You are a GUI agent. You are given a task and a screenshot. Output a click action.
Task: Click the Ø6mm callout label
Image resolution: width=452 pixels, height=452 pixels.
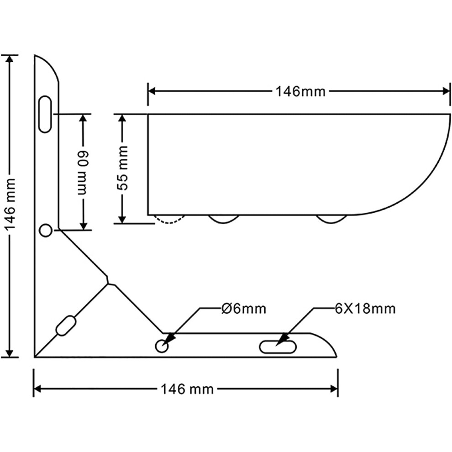pos(244,309)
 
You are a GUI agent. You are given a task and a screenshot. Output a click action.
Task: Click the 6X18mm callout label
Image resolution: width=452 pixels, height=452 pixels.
pos(365,309)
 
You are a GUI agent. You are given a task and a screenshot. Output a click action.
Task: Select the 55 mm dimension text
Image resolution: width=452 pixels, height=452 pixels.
pos(122,168)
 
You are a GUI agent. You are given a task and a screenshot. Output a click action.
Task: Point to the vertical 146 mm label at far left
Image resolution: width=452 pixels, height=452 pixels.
pos(11,205)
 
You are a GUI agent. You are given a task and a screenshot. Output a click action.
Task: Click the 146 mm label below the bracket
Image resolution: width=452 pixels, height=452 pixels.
pos(187,389)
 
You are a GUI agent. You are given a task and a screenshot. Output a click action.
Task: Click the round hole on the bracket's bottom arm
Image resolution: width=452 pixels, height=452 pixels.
pos(162,346)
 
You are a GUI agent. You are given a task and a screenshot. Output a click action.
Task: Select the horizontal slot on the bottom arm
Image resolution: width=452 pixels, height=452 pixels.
pos(278,347)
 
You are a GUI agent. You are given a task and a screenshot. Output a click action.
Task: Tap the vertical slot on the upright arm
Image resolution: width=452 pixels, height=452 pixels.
pos(45,114)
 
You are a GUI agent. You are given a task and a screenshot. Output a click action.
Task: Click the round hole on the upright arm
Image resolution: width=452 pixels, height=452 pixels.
pos(46,231)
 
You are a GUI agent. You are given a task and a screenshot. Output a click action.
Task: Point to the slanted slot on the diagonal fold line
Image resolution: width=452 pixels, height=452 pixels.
pos(66,326)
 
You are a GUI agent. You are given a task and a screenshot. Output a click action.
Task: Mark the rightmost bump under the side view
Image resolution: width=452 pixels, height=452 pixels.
pos(331,219)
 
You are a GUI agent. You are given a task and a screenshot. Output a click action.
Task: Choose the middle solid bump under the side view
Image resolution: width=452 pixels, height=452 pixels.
pos(224,219)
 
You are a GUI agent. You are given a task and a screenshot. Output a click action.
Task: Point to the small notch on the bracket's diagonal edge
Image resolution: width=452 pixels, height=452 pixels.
pos(108,280)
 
